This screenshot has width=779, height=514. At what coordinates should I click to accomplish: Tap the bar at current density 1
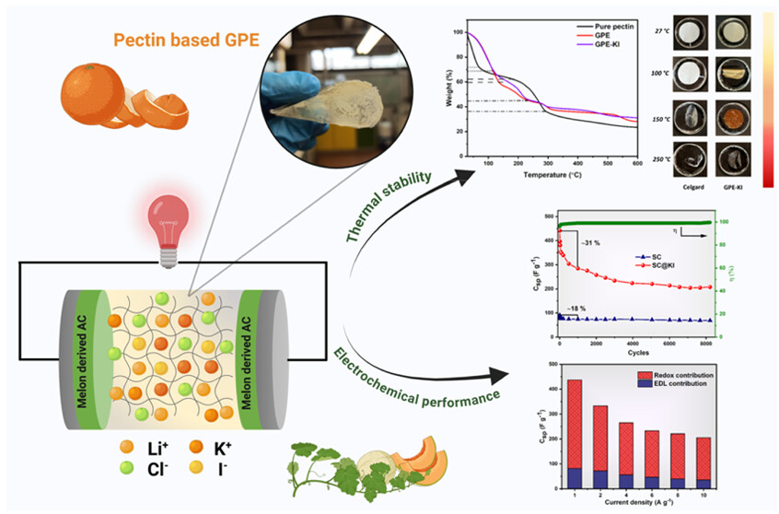coord(575,432)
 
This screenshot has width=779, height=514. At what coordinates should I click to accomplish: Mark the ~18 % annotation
coord(573,308)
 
